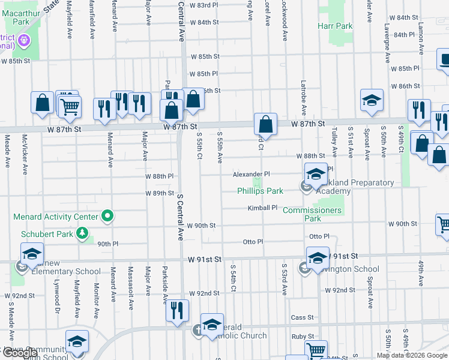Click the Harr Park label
pos(335,26)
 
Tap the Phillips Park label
pos(260,191)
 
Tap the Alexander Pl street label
pos(252,174)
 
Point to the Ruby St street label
pos(303,337)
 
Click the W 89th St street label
pos(159,193)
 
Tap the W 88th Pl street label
pos(159,176)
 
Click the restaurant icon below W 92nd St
pos(177,310)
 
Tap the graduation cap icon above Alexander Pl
pos(315,175)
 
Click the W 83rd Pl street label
pos(203,5)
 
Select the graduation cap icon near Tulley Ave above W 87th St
pos(372,101)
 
